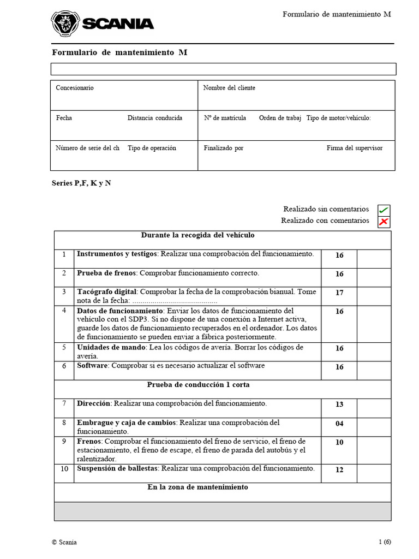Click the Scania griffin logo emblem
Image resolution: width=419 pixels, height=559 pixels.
[x=65, y=24]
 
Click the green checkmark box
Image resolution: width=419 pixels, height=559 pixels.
[x=384, y=210]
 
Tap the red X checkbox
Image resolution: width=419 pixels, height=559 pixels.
[x=384, y=221]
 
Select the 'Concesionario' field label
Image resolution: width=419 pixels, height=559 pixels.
[x=75, y=88]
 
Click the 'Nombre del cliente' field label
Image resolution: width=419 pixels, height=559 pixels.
[x=229, y=88]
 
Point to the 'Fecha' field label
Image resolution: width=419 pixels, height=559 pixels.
[x=64, y=118]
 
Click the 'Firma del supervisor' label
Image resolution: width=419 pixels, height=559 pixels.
[x=355, y=148]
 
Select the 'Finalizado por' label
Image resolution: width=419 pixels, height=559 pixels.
[x=224, y=148]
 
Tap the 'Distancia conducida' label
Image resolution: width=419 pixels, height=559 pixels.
[x=155, y=118]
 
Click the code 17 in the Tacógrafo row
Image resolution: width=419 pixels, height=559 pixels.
[x=339, y=293]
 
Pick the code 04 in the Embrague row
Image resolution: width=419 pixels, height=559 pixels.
[x=339, y=424]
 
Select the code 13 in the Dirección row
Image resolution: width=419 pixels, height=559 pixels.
[x=339, y=405]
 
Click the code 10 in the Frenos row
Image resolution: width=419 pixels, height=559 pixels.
[x=339, y=442]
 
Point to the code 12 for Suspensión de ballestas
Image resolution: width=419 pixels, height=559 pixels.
[x=339, y=470]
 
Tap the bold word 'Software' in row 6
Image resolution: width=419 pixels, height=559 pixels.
[x=92, y=366]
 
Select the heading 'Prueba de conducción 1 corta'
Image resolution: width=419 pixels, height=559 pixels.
[x=198, y=385]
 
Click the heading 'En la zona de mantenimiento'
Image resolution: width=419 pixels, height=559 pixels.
[x=197, y=487]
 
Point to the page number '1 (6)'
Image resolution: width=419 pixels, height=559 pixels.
[x=385, y=542]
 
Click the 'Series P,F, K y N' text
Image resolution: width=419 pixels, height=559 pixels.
[x=81, y=183]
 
